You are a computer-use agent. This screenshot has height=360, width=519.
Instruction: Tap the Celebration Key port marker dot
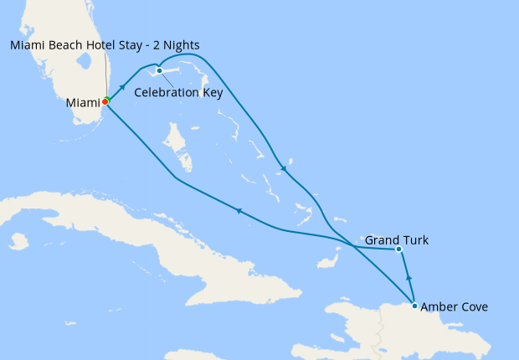pos(159,70)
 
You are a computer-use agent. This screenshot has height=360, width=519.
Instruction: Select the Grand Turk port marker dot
pos(398,249)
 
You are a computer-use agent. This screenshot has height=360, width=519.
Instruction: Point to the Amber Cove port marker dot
pos(414,306)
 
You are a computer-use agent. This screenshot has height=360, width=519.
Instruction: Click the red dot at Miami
pos(105,102)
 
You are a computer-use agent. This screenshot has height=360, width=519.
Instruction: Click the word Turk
pos(414,240)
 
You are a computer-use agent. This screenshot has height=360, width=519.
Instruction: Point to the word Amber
pos(439,307)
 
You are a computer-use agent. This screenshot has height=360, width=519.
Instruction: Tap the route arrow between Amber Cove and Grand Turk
pos(409,278)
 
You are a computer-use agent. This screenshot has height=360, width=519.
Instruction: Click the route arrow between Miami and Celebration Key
pos(123,86)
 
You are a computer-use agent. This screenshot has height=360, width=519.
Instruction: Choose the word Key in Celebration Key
pos(213,93)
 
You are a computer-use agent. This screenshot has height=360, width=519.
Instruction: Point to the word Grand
pos(382,240)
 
